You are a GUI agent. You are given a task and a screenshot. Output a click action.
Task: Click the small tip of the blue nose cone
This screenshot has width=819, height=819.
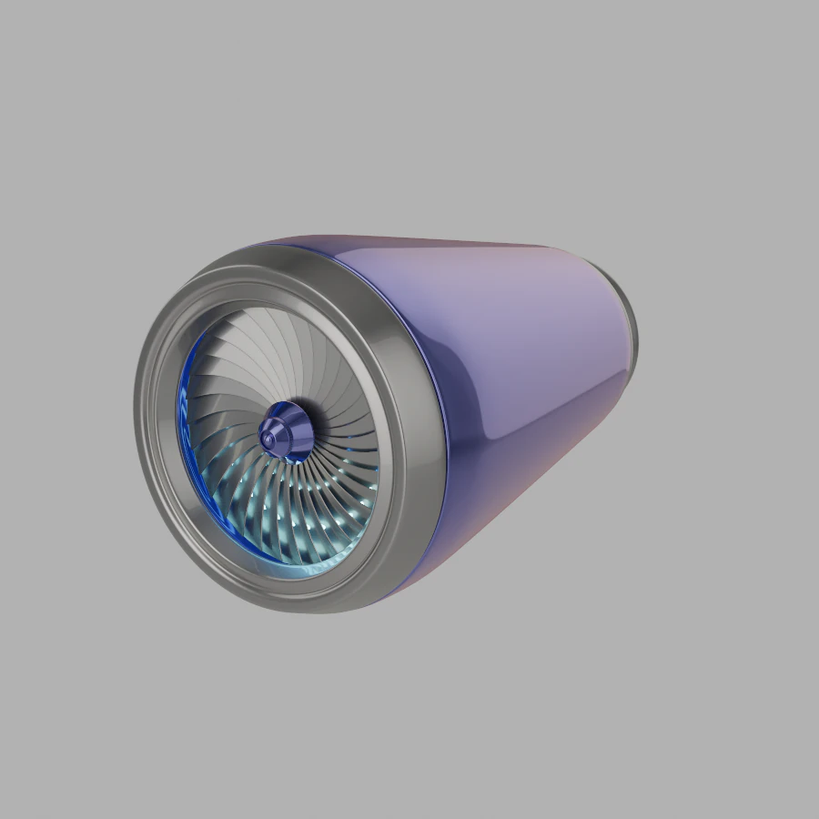[268, 439]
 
